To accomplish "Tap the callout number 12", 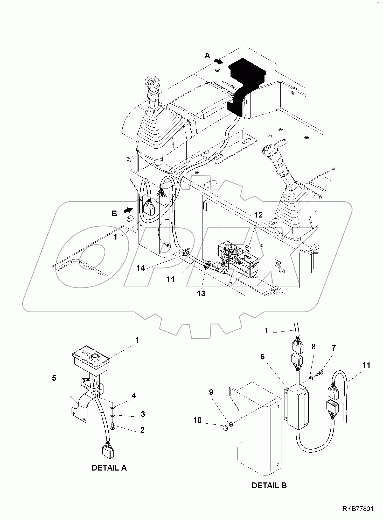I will click(x=258, y=215).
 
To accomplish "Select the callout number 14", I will click(x=141, y=268).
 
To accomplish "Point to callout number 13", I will click(x=201, y=293).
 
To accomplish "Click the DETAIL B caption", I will click(x=269, y=486).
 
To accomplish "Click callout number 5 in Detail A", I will click(x=54, y=378).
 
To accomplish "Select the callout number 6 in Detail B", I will click(x=262, y=357).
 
